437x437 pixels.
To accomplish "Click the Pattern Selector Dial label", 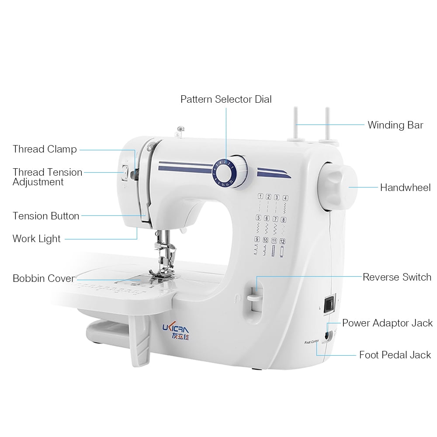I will [x=226, y=99].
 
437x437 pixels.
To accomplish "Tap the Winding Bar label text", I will [x=395, y=125].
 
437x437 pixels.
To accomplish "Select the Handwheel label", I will [x=405, y=187].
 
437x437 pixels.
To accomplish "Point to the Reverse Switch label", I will [x=397, y=277].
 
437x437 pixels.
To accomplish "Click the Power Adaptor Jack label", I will [x=387, y=323].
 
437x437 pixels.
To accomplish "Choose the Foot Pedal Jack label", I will [x=395, y=354].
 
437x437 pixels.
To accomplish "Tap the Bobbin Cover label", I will [x=43, y=278].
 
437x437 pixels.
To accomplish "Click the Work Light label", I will [x=37, y=239].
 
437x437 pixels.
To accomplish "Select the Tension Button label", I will [x=46, y=216].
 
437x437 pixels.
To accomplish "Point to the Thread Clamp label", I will [x=45, y=149].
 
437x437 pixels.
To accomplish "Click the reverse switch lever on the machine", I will [x=253, y=298].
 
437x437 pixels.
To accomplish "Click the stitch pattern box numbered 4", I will [x=285, y=198].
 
